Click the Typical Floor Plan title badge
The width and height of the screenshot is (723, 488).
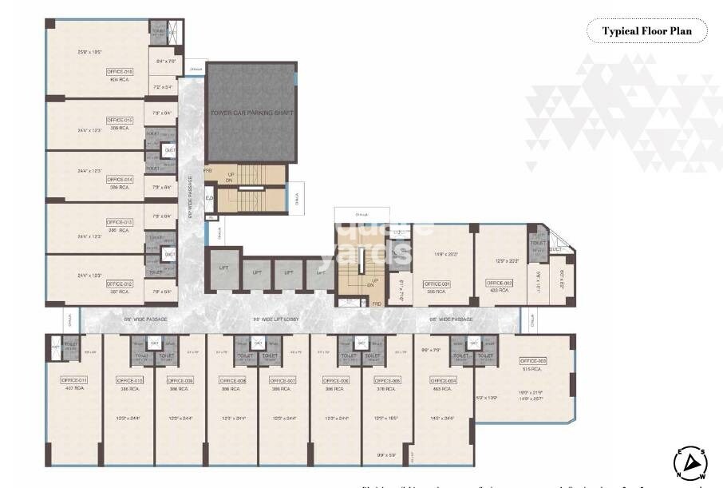(647, 32)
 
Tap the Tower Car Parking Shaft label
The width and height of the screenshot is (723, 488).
(251, 113)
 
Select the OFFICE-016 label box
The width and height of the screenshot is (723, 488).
(120, 71)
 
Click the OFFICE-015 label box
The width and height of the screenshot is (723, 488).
(120, 120)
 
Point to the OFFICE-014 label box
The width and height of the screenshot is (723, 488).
(120, 180)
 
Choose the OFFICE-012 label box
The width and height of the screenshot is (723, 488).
(120, 284)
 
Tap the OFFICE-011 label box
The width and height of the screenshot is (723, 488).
(73, 380)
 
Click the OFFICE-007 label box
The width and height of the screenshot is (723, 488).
(282, 380)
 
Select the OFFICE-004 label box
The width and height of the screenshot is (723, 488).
(442, 380)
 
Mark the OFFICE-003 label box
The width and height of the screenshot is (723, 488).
(533, 361)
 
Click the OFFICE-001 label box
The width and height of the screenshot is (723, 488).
(437, 284)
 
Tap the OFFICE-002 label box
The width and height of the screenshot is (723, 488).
(499, 284)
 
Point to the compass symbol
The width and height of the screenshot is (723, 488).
(691, 463)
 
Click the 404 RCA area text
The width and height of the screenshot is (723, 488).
(120, 80)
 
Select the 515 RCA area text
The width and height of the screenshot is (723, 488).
(533, 369)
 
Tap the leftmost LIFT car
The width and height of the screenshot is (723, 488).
(223, 268)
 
